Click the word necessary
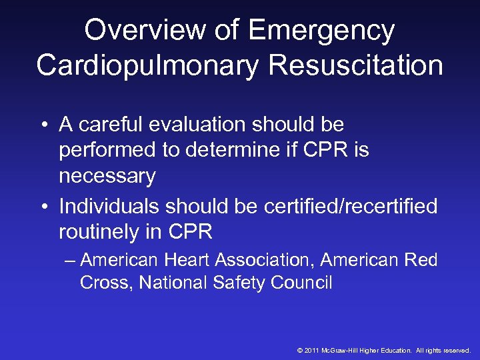107,177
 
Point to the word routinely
99,232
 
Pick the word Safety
239,283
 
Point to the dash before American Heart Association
71,260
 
